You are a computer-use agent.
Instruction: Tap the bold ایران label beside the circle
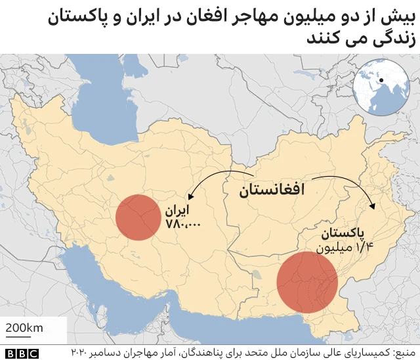(x=177, y=212)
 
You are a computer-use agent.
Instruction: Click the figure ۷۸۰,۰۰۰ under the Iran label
(x=184, y=225)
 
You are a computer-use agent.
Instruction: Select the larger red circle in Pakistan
(x=306, y=282)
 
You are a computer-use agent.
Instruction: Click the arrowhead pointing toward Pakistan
(x=373, y=207)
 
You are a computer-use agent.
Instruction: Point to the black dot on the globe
(x=381, y=81)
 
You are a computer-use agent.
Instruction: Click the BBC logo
(x=22, y=353)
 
